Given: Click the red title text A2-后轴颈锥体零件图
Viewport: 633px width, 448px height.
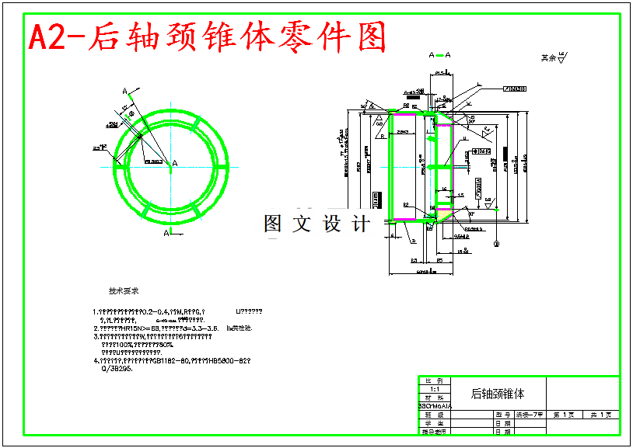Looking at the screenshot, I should [207, 36].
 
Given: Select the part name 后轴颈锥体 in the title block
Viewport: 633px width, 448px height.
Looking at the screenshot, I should [498, 394].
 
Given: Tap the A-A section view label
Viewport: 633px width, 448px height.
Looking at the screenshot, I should [439, 55].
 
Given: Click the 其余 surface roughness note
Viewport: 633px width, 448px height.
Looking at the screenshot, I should [553, 57].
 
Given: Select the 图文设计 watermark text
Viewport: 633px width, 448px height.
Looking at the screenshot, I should [316, 224].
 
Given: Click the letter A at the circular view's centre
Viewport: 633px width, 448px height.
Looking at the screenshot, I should [174, 163].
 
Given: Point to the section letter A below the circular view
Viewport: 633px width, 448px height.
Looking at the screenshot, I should [166, 233].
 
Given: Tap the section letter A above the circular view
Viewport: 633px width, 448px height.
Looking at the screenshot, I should [124, 92].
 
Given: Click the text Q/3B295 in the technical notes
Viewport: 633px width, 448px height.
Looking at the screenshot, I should [117, 370].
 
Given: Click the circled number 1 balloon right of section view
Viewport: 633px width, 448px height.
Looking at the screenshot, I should [495, 244].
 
